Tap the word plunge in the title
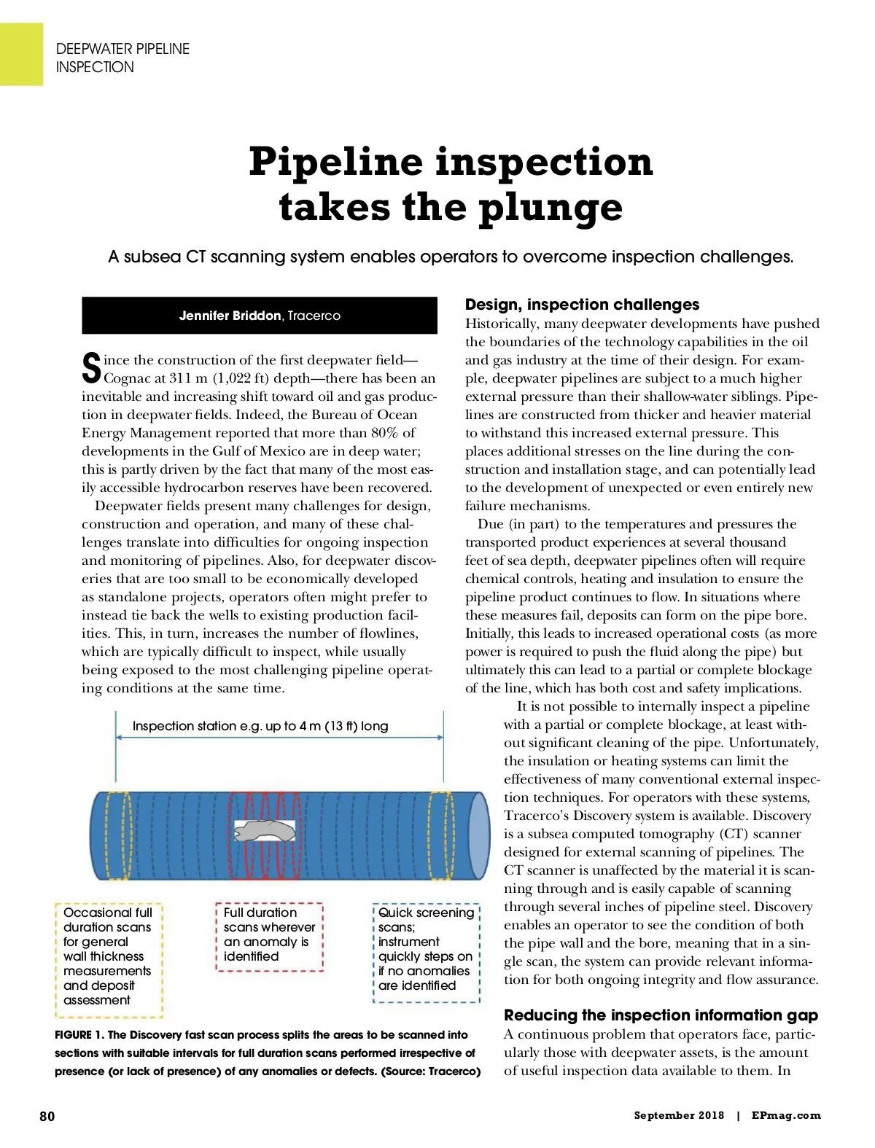click(551, 208)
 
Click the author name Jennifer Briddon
click(230, 316)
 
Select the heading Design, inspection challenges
click(582, 305)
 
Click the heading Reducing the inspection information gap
click(661, 1015)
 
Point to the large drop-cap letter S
click(91, 368)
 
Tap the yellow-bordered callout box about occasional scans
click(109, 959)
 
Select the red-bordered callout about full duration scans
click(269, 937)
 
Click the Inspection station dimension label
click(260, 726)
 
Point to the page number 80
click(47, 1116)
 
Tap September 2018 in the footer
click(679, 1115)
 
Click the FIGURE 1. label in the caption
click(79, 1035)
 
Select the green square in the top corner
click(21, 54)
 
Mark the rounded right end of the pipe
click(479, 835)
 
